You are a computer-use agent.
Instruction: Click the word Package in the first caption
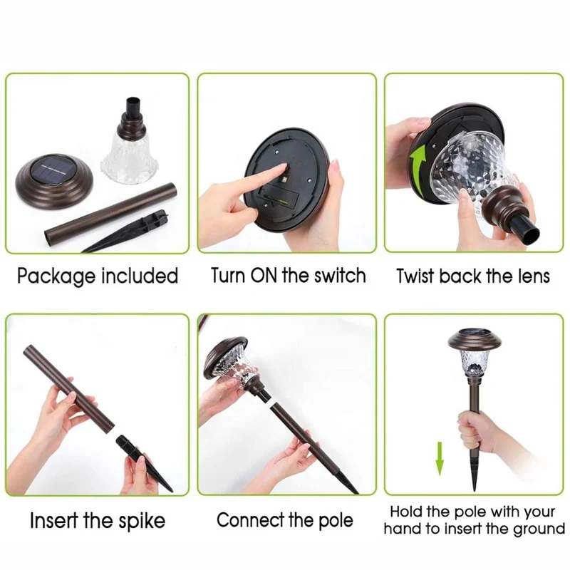click(58, 276)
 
